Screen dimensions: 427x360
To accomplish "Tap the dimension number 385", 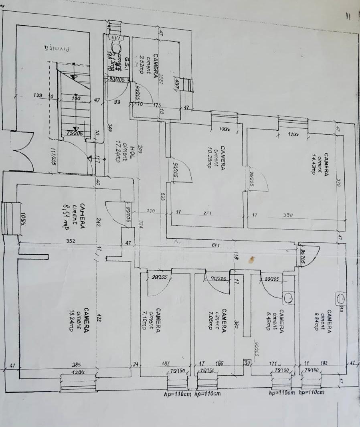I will click(x=77, y=365).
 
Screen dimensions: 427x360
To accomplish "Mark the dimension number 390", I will click(x=288, y=215).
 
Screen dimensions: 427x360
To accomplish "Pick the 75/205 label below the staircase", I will click(x=75, y=134).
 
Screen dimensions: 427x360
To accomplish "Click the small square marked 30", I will click(x=247, y=364).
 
